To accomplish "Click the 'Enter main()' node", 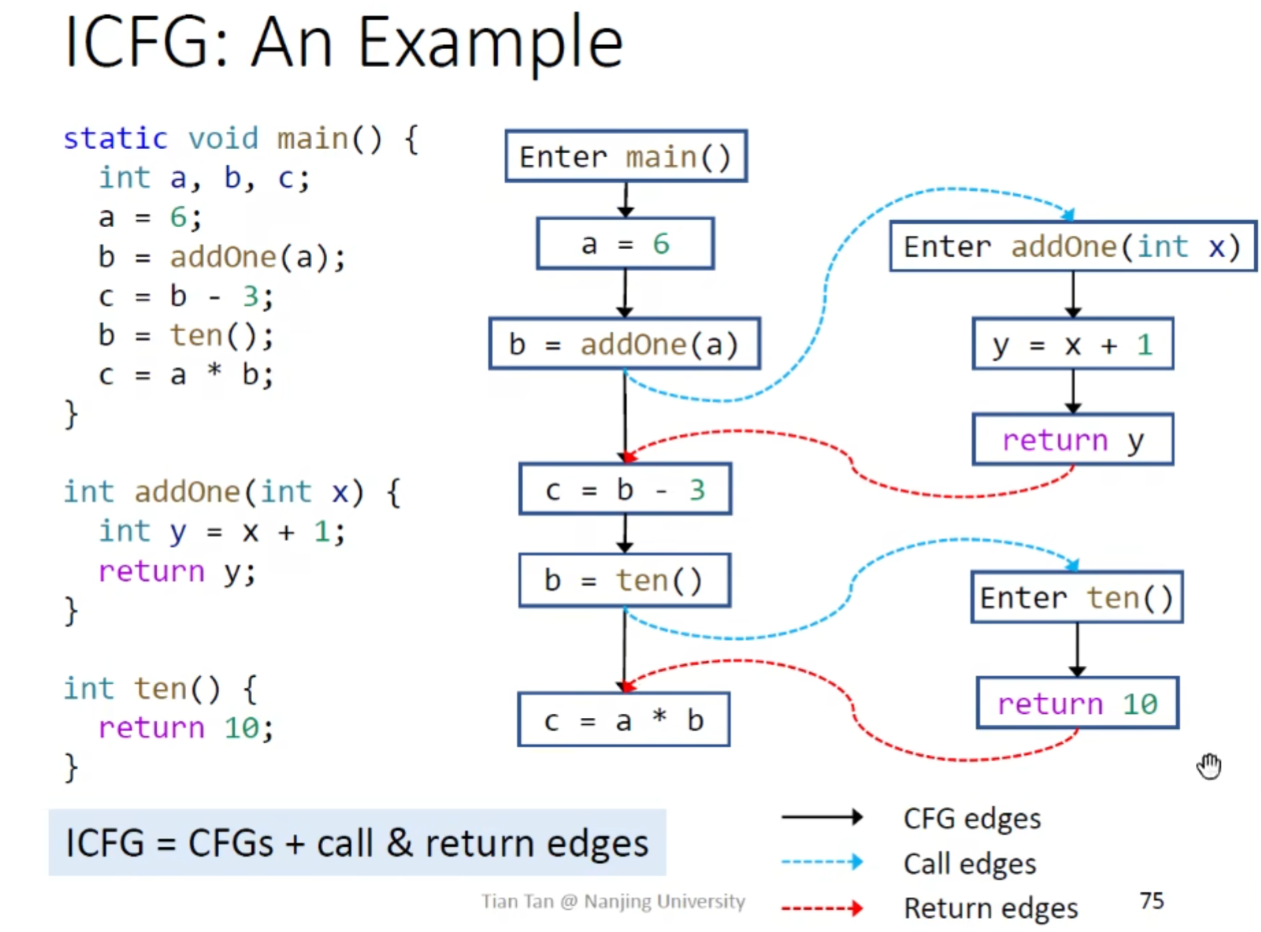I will tap(626, 156).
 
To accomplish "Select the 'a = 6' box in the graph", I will tap(625, 244).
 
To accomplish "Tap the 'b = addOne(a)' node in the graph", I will tap(624, 344).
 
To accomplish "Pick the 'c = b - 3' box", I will tap(625, 489).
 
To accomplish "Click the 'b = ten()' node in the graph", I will tap(624, 580).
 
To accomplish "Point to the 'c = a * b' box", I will tap(624, 720).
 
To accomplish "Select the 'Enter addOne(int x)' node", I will tap(1073, 246).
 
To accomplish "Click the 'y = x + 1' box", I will tap(1073, 344).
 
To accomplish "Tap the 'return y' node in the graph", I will tap(1073, 439).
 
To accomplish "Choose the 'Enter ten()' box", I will tap(1077, 597).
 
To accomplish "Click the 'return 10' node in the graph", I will tap(1078, 703).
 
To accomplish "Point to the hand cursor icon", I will tap(1209, 766).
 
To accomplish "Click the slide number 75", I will tap(1151, 901).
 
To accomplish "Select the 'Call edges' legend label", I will tap(969, 864).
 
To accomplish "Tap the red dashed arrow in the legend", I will tap(821, 909).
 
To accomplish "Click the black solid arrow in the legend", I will tap(821, 817).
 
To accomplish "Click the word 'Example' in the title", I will tap(490, 44).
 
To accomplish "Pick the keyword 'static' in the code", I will tap(115, 139).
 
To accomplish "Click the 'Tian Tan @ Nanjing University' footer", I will tap(613, 901).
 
